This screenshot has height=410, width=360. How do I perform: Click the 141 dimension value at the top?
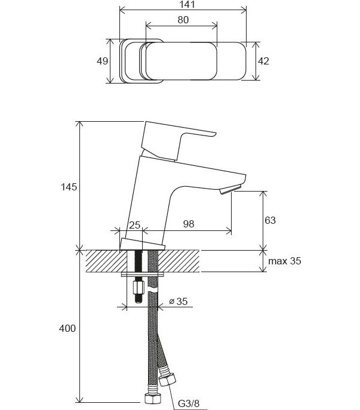(187, 4)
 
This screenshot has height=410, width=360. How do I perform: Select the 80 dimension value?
(183, 20)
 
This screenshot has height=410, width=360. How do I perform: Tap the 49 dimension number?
(102, 61)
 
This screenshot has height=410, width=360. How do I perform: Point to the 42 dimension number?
(263, 61)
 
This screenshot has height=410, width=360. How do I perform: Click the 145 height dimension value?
(69, 187)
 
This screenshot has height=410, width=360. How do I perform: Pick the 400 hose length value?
(67, 328)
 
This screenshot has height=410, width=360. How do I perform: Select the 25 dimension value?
(135, 225)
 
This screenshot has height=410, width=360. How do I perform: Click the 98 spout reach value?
(189, 224)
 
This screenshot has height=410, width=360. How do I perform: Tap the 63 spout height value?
(270, 220)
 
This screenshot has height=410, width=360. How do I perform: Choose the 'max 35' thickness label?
(285, 261)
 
